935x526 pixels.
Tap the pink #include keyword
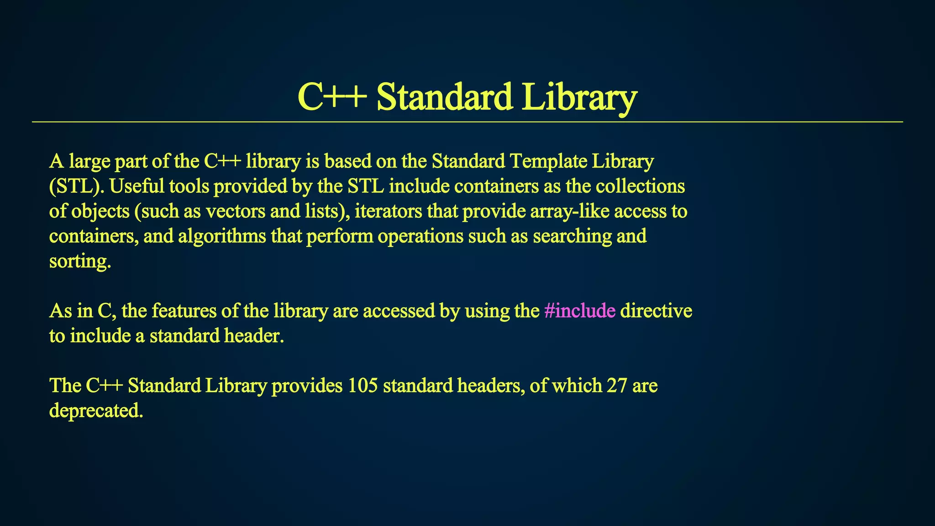pos(580,311)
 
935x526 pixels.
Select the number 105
pos(362,386)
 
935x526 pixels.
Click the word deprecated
pos(96,411)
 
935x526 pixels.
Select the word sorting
pos(80,262)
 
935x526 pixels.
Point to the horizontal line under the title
pos(467,122)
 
